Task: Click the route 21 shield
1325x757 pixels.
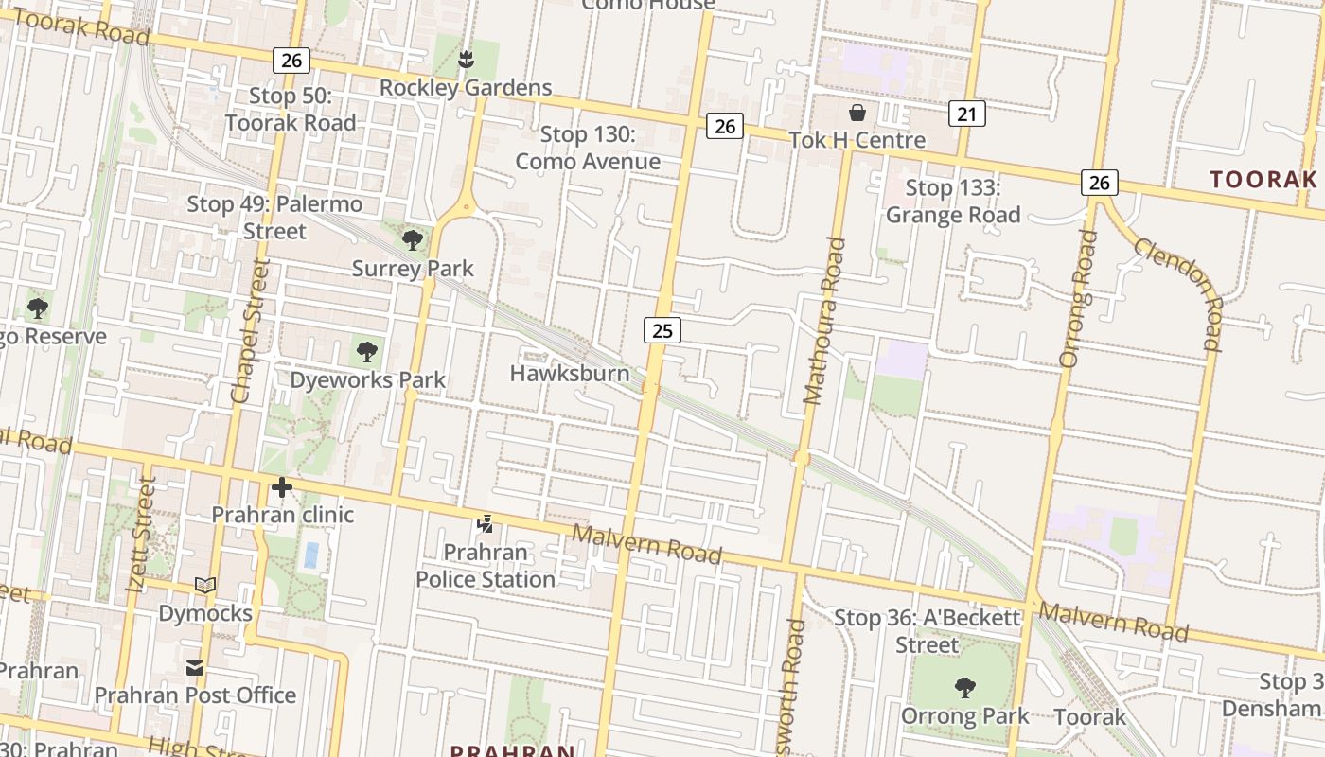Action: click(x=966, y=114)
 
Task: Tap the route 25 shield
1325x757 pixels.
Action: click(x=662, y=330)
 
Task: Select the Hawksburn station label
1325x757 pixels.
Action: click(x=569, y=373)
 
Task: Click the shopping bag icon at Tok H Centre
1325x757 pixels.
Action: click(x=857, y=114)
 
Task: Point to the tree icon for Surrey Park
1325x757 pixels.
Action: click(x=413, y=239)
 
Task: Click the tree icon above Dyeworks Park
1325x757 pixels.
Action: click(x=367, y=353)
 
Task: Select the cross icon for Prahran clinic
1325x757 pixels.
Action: click(x=282, y=488)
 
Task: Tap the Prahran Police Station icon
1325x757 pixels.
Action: click(x=486, y=523)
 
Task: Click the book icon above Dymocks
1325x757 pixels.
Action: click(x=205, y=586)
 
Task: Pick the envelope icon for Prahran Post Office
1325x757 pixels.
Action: click(x=195, y=668)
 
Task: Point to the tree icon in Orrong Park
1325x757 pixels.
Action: click(x=964, y=688)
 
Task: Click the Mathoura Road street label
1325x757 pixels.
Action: click(x=822, y=321)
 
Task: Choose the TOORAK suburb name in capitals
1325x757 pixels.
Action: click(x=1263, y=179)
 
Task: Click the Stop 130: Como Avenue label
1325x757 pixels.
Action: click(x=588, y=149)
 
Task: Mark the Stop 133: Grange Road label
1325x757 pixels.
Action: click(x=953, y=202)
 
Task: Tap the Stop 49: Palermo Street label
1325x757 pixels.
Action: click(x=274, y=218)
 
